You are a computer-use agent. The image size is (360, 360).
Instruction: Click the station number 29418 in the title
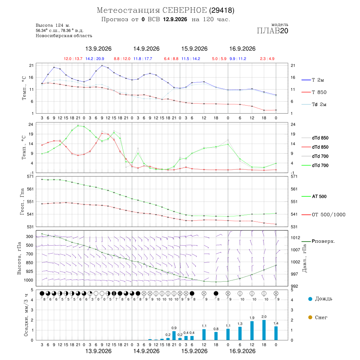click(222, 10)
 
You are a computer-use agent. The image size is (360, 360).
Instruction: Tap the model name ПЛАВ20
click(272, 31)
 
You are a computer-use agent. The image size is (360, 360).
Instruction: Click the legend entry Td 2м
click(314, 104)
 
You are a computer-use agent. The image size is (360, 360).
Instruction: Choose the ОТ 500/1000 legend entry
click(323, 215)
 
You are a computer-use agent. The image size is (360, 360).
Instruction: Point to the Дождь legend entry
click(320, 299)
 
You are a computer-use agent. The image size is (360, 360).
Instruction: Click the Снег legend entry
click(318, 317)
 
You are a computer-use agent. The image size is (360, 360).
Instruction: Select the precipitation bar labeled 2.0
click(264, 330)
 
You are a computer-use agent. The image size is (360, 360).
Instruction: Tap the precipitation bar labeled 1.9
click(252, 331)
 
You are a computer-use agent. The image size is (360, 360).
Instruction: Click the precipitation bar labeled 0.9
click(174, 336)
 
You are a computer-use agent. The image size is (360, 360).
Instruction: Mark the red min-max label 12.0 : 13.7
click(73, 59)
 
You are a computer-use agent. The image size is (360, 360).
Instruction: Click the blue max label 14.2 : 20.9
click(95, 59)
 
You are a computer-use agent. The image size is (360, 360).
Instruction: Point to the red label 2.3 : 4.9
click(267, 59)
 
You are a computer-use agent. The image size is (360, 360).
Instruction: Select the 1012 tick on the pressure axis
click(296, 238)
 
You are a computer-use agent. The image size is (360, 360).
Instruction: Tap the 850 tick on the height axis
click(29, 263)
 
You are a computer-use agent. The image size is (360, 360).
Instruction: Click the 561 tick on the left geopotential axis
click(30, 189)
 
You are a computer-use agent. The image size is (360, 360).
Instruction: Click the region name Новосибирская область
click(64, 36)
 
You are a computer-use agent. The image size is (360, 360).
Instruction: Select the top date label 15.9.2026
click(194, 49)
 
